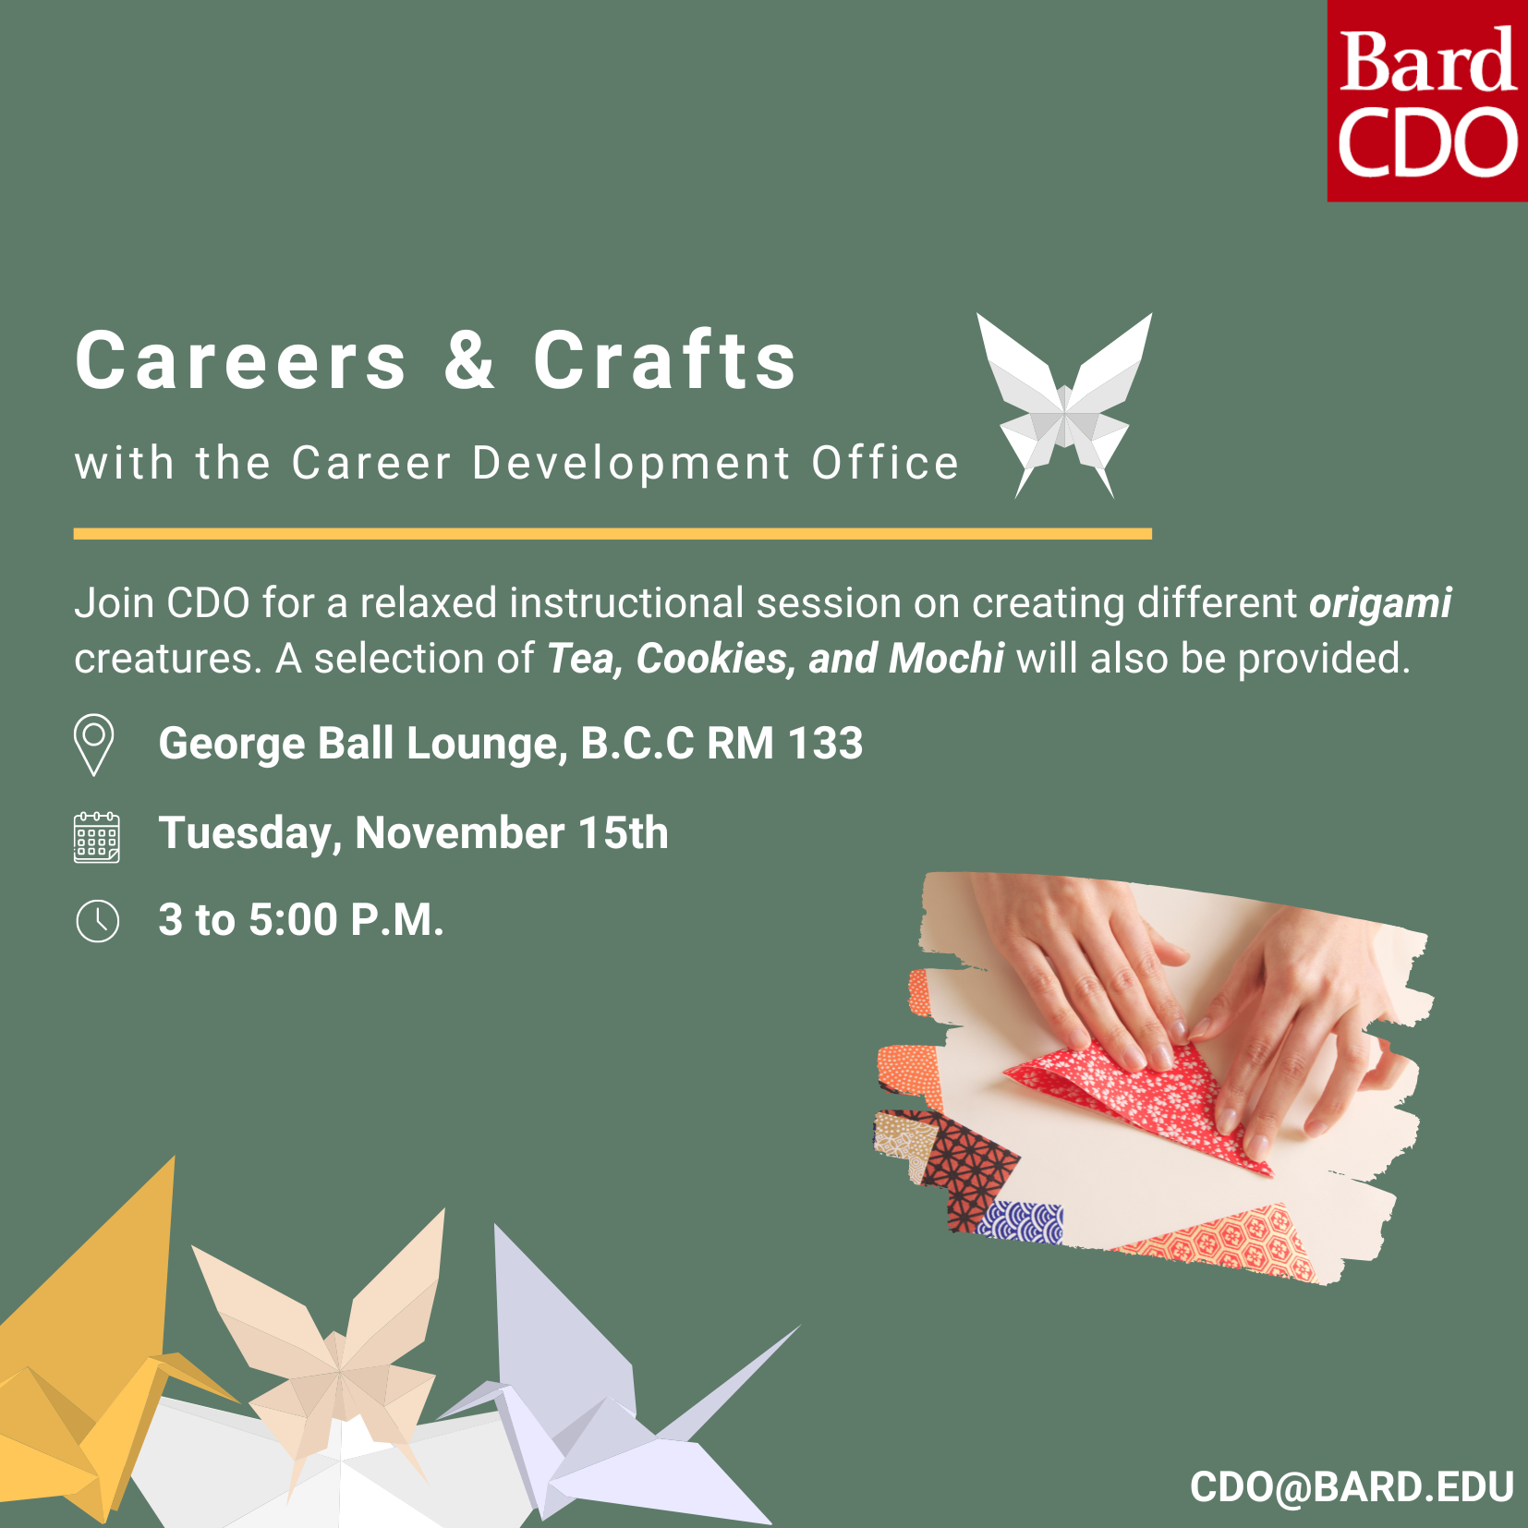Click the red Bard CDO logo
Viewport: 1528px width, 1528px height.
coord(1427,101)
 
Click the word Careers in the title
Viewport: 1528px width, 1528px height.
coord(240,361)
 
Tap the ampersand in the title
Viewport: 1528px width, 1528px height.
coord(469,360)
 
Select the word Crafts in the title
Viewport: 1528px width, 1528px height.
coord(664,361)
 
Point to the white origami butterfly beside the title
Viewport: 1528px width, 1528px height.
coord(1065,402)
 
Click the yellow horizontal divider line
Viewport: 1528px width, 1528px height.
coord(612,534)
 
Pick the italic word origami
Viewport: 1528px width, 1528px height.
coord(1380,603)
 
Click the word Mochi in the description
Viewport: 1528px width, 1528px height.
coord(946,659)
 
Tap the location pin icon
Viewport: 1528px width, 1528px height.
coord(94,743)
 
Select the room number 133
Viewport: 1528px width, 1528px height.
coord(825,744)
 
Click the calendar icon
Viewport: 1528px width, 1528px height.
coord(97,837)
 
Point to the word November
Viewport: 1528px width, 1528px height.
coord(459,833)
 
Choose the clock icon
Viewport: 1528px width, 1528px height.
coord(97,921)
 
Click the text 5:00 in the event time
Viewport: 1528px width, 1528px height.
coord(293,920)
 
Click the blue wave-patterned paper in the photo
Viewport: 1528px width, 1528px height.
coord(1022,1222)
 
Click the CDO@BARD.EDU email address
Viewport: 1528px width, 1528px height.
coord(1352,1487)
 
